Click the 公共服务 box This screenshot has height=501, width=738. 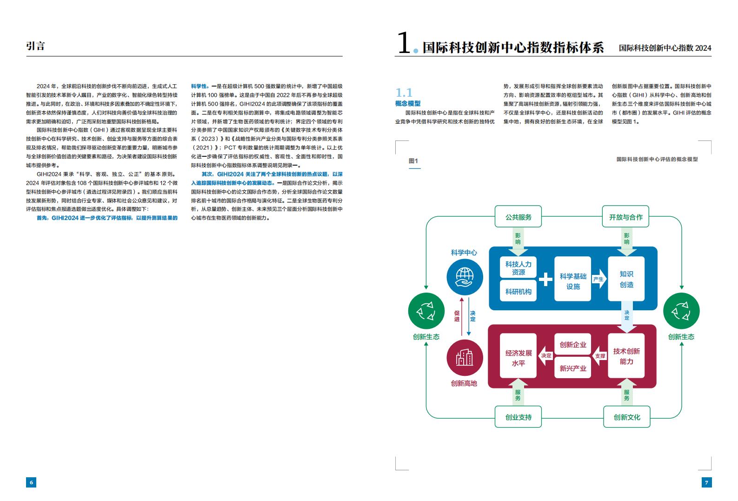click(x=518, y=217)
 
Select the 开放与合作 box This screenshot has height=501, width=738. click(x=625, y=217)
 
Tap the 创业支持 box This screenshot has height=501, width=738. click(x=518, y=417)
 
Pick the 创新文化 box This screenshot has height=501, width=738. click(x=627, y=417)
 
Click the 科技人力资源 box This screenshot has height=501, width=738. click(x=518, y=267)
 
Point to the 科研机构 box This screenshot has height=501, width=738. click(x=518, y=291)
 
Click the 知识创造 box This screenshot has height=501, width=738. click(x=626, y=279)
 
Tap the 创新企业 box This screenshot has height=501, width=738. click(x=572, y=344)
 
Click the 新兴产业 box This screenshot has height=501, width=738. click(x=572, y=367)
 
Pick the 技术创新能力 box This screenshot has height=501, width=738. click(x=626, y=356)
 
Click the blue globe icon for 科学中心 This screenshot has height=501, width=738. click(x=465, y=277)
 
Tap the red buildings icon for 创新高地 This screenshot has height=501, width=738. click(x=465, y=358)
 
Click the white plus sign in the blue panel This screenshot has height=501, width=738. click(x=545, y=279)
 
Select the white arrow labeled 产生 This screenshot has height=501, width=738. click(x=599, y=279)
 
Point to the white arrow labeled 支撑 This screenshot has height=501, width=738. click(x=599, y=356)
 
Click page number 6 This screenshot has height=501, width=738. click(x=31, y=482)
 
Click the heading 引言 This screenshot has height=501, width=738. click(x=35, y=46)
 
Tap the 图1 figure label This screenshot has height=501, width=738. click(x=413, y=161)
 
